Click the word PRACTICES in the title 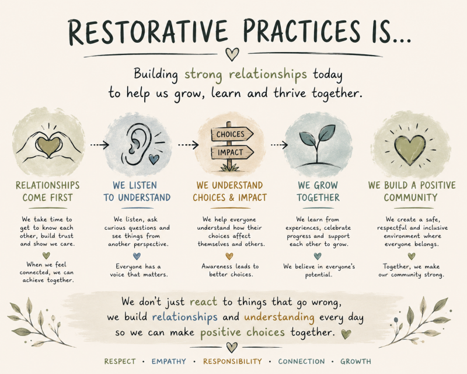(301, 32)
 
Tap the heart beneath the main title (232, 54)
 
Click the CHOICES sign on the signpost (232, 134)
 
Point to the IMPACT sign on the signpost (232, 153)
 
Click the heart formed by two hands (49, 146)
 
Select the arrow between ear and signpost (188, 145)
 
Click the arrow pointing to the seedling (279, 145)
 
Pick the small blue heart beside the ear (154, 159)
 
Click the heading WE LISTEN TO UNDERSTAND (137, 192)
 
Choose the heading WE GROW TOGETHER (318, 192)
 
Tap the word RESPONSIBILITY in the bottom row (232, 362)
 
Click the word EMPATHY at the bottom (169, 362)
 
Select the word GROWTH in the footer (356, 362)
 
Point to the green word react (203, 302)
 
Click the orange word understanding (279, 317)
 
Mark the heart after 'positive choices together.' (346, 334)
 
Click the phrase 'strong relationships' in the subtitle (245, 75)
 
